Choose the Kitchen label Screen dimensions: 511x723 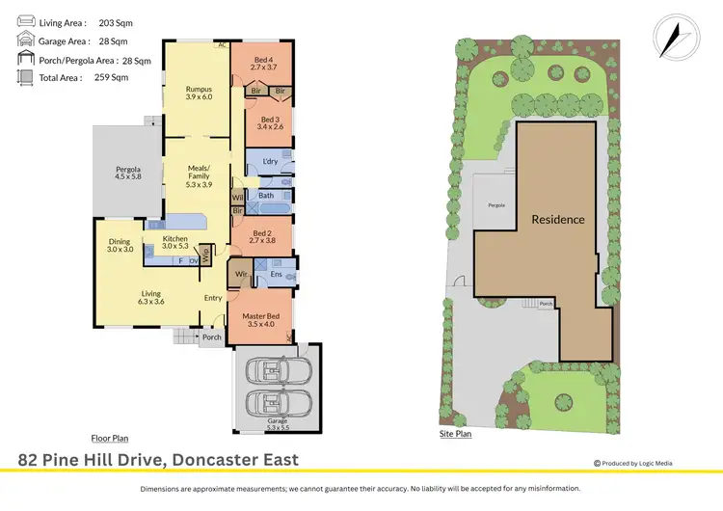[174, 237]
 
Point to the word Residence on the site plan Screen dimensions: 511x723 [558, 219]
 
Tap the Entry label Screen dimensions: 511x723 [213, 298]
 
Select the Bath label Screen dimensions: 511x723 [265, 196]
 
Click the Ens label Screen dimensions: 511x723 [275, 275]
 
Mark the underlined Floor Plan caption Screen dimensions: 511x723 [109, 438]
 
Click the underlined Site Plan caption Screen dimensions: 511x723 [455, 434]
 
